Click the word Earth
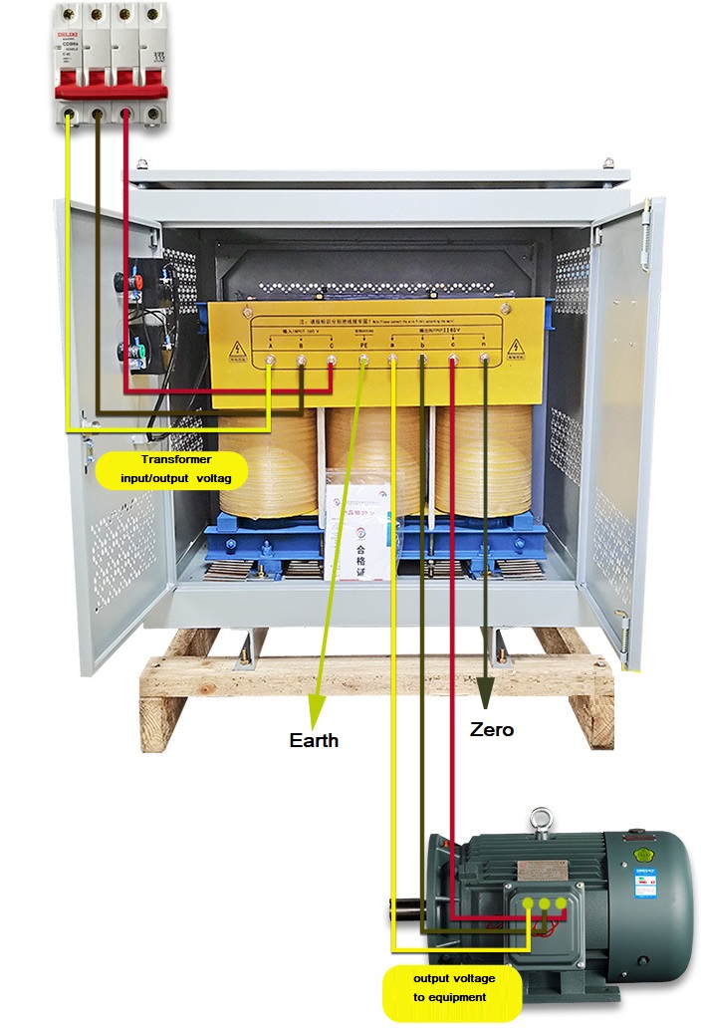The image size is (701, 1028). tap(314, 740)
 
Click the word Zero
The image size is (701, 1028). tap(491, 729)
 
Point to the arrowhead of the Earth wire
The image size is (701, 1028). tap(316, 711)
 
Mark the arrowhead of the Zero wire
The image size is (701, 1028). tap(486, 692)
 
